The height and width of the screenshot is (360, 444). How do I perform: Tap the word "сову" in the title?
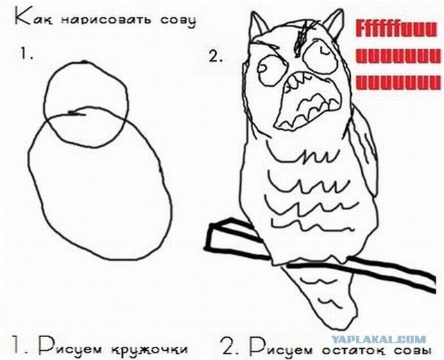click(178, 22)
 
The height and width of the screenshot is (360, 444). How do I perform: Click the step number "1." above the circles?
click(27, 53)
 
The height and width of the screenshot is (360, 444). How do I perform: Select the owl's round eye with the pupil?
click(271, 70)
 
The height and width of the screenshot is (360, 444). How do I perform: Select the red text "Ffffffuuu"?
click(396, 30)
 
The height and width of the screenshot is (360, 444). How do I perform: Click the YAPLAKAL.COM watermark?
click(378, 339)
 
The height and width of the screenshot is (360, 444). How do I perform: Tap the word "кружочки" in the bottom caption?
click(148, 350)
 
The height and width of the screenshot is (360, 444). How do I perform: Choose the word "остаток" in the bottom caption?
click(356, 350)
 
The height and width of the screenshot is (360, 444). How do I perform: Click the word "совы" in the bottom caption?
click(413, 350)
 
